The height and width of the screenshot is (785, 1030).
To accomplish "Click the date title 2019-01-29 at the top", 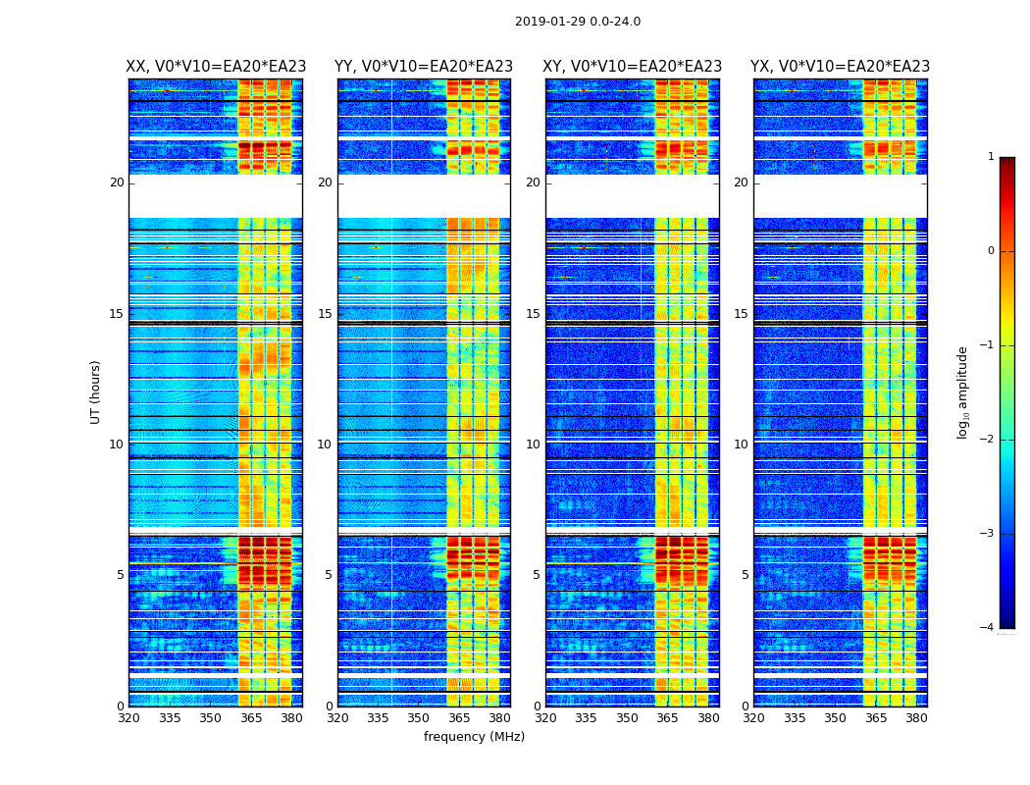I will [x=577, y=22].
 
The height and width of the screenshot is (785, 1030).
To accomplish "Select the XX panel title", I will [x=216, y=67].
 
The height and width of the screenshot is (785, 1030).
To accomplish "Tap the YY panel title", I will [x=424, y=67].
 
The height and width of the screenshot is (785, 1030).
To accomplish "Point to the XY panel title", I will [x=633, y=67].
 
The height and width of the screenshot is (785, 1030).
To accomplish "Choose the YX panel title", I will [x=840, y=67].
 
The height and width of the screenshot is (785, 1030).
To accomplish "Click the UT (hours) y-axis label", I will [x=96, y=392].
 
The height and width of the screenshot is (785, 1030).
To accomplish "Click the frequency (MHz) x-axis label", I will [x=474, y=737].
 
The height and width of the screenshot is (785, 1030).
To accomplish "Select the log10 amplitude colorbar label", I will [x=963, y=392].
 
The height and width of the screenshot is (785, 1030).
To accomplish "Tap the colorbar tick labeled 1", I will [x=990, y=157].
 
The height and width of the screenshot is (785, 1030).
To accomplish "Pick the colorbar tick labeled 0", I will [x=990, y=251].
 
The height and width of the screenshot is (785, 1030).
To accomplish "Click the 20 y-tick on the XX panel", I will [x=117, y=183].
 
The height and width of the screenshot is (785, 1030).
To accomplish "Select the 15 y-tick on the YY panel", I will [x=325, y=314].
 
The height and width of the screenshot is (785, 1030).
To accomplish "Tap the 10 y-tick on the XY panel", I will [x=533, y=445].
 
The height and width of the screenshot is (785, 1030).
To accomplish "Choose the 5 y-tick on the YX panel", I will [x=745, y=575].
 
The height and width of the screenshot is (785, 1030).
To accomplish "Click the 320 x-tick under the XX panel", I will [x=129, y=718].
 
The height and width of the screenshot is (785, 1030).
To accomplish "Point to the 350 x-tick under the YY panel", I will [x=419, y=718].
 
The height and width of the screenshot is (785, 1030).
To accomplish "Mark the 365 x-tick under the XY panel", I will [x=668, y=718].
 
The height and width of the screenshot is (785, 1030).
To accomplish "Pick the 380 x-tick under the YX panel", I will [x=916, y=718].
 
